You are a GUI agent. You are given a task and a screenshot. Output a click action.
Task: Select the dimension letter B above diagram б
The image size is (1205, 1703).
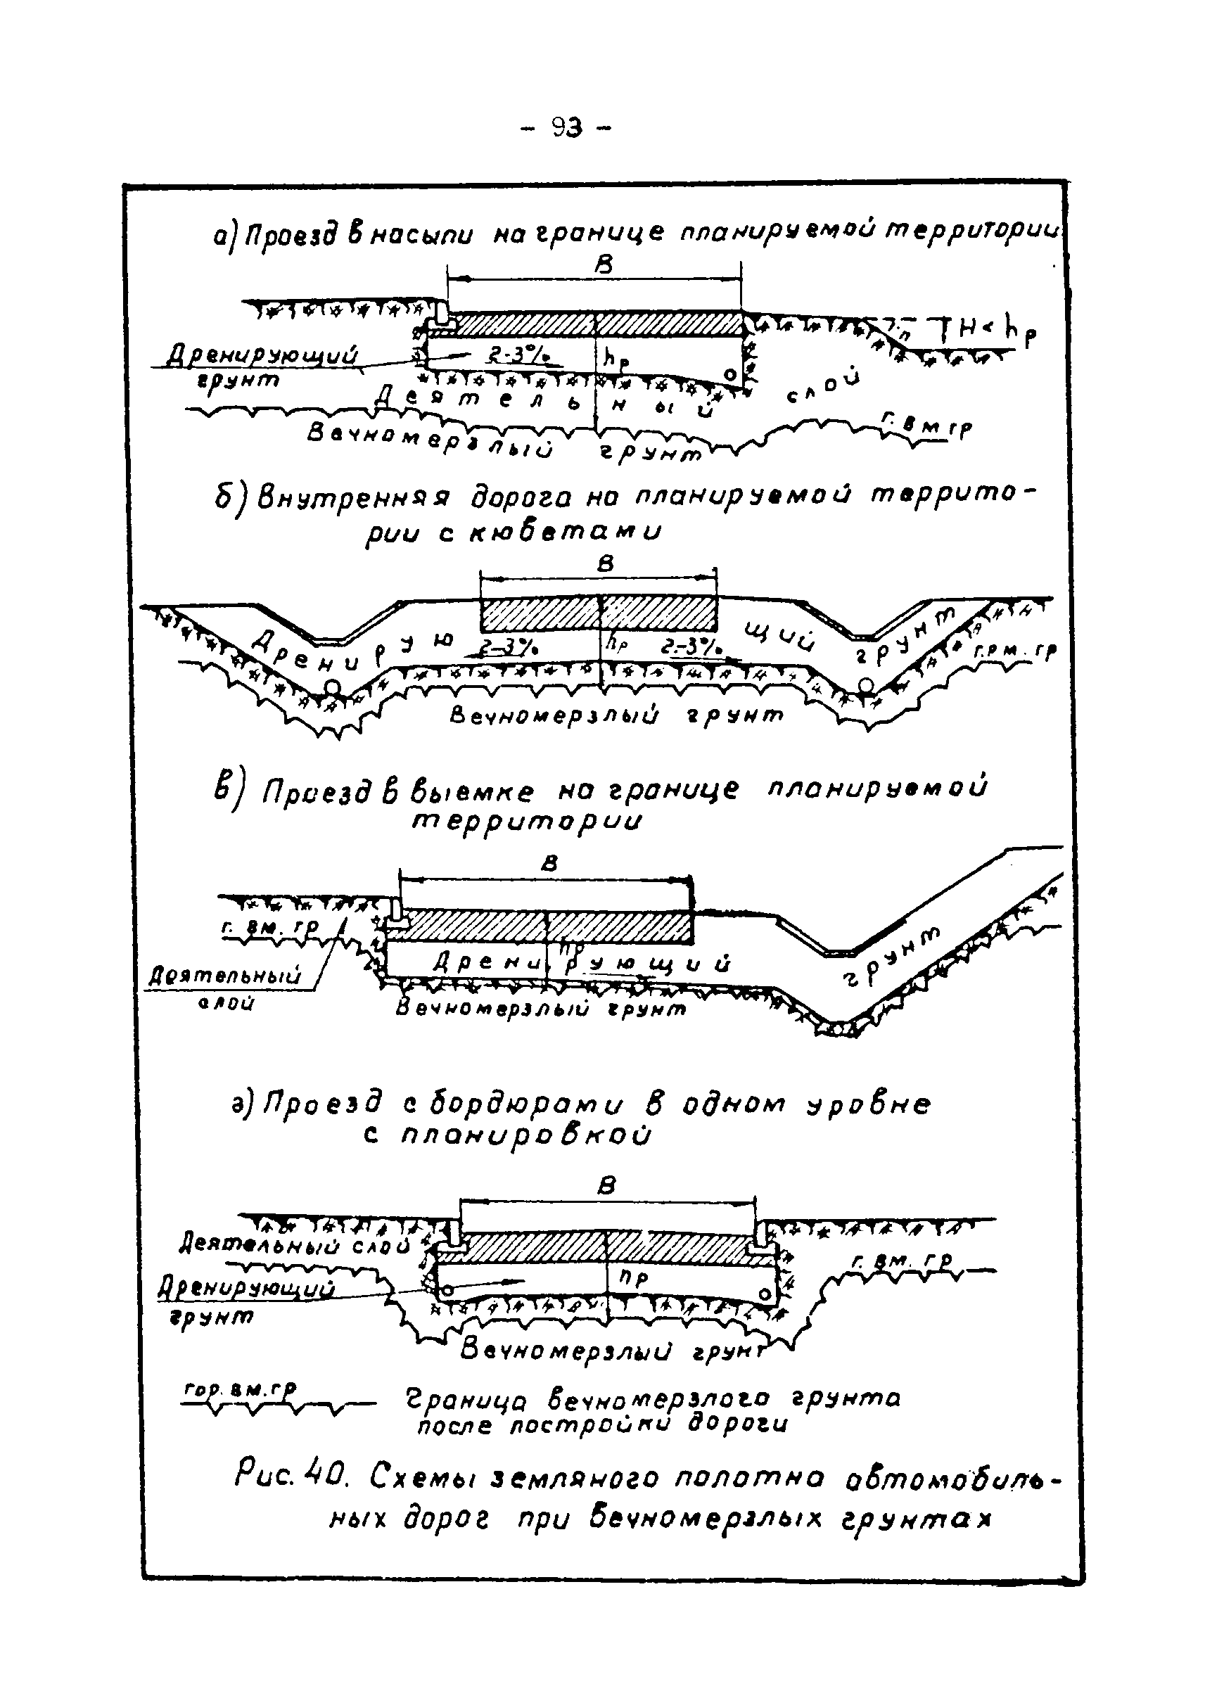pos(606,565)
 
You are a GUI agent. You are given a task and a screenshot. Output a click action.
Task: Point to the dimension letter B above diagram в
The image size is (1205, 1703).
pos(550,863)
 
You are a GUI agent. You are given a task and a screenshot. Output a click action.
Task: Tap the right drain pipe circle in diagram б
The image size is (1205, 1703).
pos(865,685)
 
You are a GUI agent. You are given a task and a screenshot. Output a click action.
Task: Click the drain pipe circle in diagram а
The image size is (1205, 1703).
pos(730,376)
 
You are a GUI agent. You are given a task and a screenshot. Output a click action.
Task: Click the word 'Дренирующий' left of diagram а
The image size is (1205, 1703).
pos(262,355)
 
